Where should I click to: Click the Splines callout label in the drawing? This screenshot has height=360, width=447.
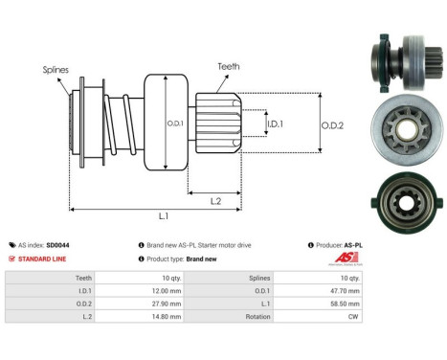pos(55,70)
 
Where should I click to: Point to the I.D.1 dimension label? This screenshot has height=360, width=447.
pos(274,124)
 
